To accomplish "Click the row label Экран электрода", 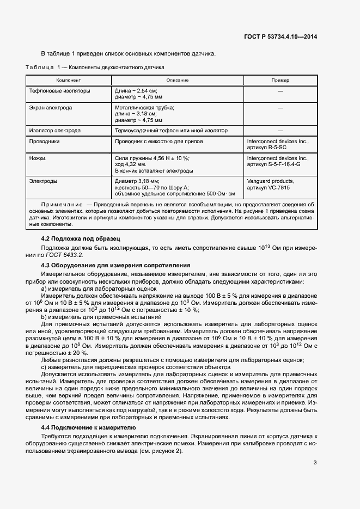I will [51, 108].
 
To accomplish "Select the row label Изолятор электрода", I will [55, 131].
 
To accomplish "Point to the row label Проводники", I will [45, 141].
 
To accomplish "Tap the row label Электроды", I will [44, 181].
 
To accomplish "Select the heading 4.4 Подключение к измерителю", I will [84, 428].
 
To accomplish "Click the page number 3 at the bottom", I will [315, 463].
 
